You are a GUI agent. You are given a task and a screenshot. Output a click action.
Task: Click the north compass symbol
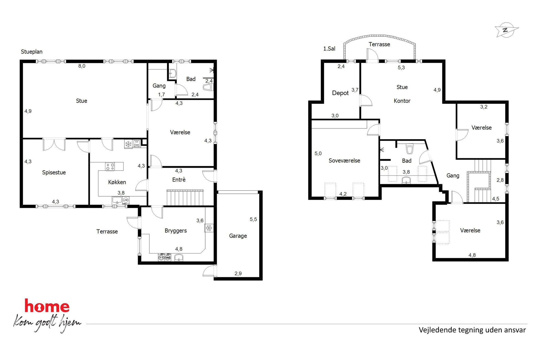coord(506,30)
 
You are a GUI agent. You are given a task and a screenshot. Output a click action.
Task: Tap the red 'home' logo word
coord(47,306)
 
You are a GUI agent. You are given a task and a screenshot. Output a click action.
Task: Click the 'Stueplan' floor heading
coord(32,52)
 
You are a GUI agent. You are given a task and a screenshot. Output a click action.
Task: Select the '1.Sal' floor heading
coord(329,49)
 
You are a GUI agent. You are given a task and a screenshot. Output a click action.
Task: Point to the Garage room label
coord(238,236)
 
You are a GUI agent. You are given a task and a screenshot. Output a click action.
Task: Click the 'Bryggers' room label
coord(176,231)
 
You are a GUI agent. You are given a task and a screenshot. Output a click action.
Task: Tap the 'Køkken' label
coord(117,182)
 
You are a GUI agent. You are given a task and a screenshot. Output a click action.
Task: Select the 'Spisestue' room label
coord(54,173)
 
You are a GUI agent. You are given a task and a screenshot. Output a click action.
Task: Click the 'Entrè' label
coord(179,180)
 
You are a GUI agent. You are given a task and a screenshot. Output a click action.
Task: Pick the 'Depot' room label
coord(340,93)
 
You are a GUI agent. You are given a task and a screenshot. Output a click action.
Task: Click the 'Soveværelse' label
coord(344,161)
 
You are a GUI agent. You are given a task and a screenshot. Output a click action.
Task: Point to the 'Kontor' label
coord(402,101)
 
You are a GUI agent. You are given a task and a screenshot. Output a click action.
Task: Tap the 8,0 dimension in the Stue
coord(82,66)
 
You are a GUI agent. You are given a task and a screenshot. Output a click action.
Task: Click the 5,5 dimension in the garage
coord(253,219)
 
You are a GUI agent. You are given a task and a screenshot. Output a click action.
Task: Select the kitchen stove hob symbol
coord(110,167)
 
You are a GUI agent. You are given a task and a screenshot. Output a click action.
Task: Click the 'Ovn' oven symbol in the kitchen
coord(137,144)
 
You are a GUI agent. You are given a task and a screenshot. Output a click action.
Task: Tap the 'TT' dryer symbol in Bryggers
coord(161,257)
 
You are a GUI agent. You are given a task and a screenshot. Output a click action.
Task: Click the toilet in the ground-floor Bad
coord(208,87)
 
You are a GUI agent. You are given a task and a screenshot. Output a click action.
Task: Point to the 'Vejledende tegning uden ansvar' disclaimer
coord(472,330)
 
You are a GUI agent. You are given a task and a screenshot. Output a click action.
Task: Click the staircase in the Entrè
coord(185,198)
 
